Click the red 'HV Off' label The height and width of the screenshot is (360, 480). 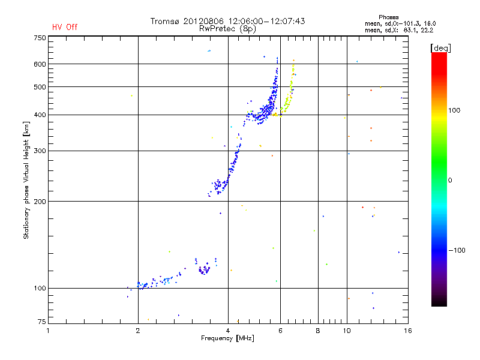tap(65, 27)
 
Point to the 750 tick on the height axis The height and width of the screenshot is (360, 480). tap(40, 38)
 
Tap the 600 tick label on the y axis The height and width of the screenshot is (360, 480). tap(40, 64)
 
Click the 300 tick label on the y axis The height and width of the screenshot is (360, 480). tap(40, 151)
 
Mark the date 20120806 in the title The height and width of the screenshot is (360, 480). tap(206, 21)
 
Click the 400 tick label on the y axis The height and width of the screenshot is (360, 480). tap(40, 115)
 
